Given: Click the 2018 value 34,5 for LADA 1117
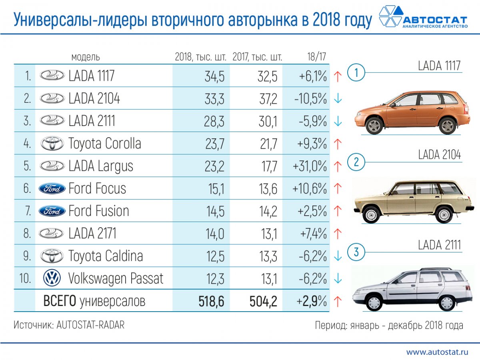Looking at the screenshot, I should tap(214, 76).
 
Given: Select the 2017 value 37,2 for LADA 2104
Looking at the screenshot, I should tap(268, 98).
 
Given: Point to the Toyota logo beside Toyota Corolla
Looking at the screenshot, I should tap(52, 144).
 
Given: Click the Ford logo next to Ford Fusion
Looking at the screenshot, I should tap(52, 211).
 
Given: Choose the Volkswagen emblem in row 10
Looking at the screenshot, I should tap(52, 278).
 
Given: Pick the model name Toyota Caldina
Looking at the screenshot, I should tap(106, 256).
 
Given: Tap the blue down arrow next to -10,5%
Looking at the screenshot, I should tap(338, 99).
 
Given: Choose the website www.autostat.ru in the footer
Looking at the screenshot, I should tap(437, 352).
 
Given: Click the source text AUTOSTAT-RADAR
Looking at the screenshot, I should tap(90, 325).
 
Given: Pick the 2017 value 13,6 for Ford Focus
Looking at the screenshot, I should tap(268, 188).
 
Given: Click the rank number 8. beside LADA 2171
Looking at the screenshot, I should tap(27, 234).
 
